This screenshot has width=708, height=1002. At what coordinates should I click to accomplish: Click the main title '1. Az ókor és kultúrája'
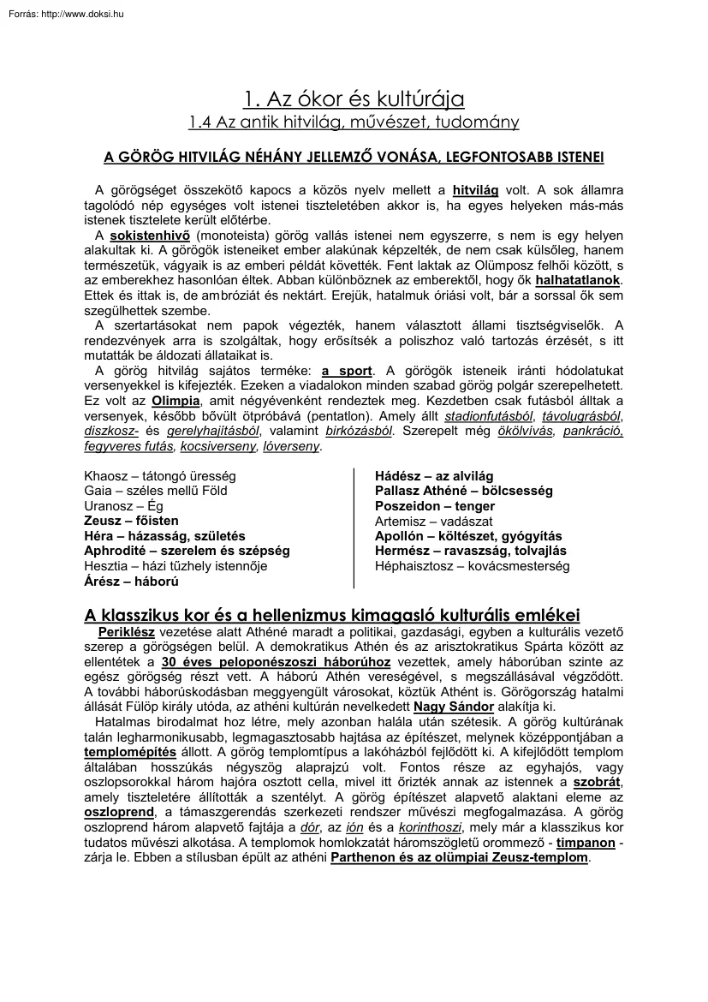pos(354,100)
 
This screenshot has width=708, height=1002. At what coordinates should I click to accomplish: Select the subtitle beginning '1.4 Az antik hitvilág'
pos(354,122)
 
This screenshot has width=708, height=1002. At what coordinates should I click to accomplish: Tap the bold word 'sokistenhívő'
pos(150,235)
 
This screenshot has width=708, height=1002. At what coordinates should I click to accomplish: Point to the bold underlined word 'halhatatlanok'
pos(578,280)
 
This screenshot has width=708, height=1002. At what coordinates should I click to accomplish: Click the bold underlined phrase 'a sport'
pos(347,371)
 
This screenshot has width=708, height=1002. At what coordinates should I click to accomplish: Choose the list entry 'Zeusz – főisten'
pos(131,521)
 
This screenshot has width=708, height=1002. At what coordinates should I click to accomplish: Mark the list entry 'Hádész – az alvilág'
pos(434,476)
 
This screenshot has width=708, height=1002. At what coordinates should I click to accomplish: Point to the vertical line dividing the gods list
pos(354,528)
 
